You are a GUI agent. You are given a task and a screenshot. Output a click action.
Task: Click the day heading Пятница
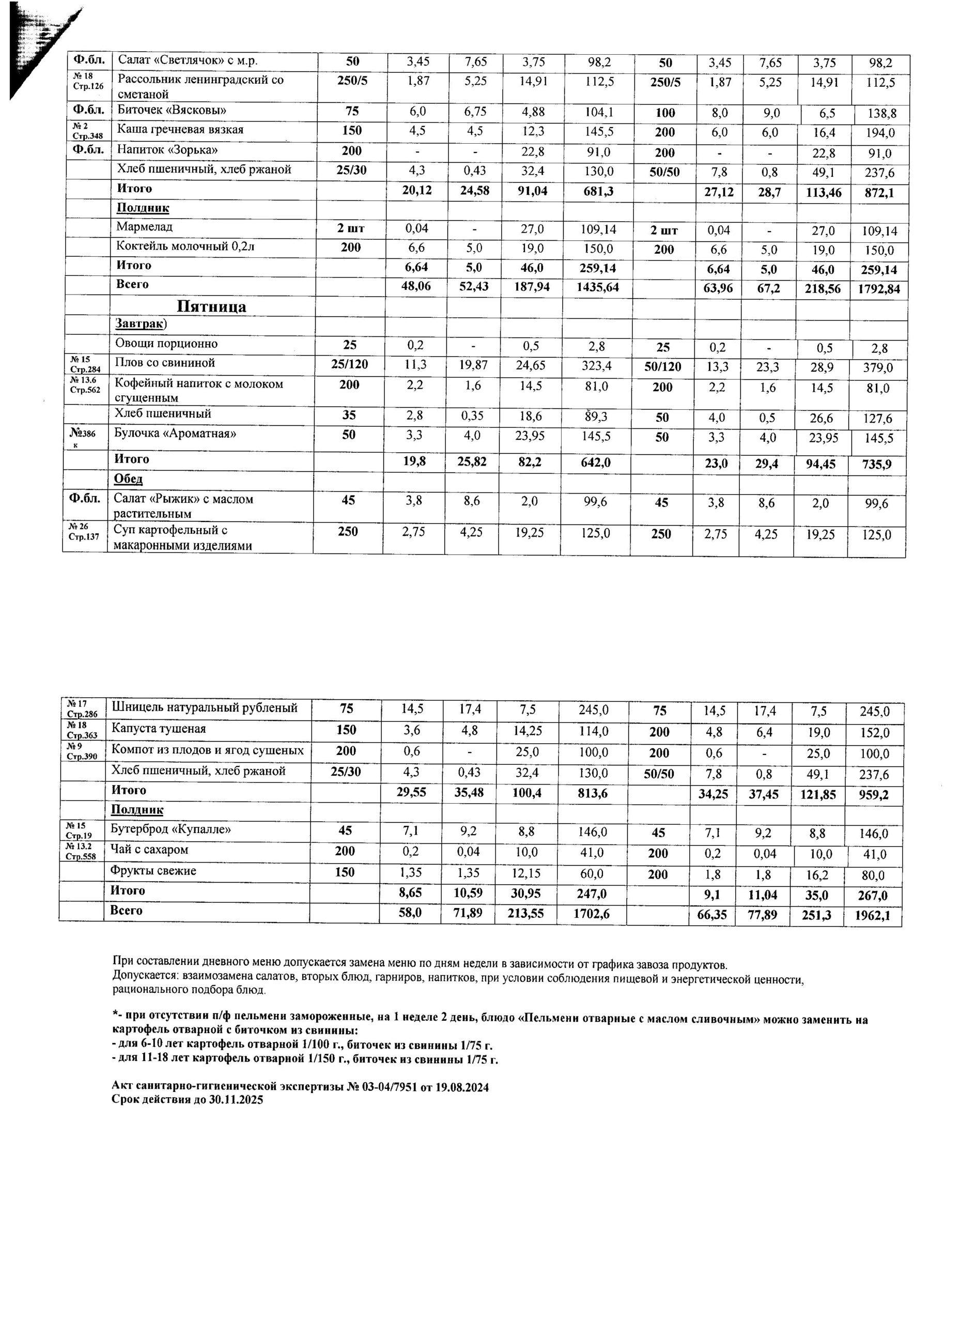tap(211, 307)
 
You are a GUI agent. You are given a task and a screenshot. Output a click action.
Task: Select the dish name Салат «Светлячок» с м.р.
tap(187, 60)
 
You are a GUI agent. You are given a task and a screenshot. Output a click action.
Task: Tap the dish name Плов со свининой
tap(164, 363)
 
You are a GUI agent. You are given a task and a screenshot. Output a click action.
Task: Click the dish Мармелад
tap(145, 227)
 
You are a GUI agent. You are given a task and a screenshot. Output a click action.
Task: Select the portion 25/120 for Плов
tap(349, 364)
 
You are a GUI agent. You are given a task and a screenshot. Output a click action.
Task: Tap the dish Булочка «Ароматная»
tap(175, 434)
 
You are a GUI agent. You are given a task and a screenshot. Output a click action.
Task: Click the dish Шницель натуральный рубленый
tap(204, 708)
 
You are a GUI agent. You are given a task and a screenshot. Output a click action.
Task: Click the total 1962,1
tap(872, 916)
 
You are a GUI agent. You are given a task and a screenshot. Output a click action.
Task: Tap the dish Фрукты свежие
tap(153, 871)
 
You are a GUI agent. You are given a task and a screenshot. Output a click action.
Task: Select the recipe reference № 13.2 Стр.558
tap(81, 853)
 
